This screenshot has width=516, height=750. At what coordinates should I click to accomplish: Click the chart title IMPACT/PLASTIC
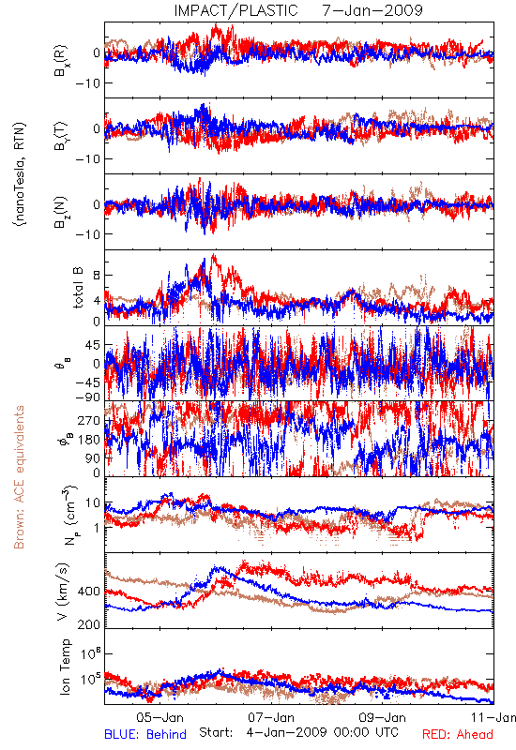(x=236, y=10)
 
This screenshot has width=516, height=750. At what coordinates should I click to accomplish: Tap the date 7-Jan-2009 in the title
(x=372, y=10)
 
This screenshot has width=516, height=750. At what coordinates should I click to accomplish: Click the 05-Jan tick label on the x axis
(x=159, y=717)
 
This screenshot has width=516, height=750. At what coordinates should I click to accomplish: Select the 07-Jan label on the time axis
(x=271, y=717)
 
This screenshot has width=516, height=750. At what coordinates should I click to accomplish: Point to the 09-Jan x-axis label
(x=383, y=717)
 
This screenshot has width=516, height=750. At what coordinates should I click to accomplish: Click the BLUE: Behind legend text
(x=145, y=734)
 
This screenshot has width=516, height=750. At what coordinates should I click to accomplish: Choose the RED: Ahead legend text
(x=457, y=734)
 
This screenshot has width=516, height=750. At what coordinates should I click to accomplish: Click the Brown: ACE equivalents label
(x=19, y=477)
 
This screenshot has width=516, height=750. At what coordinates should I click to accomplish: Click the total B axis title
(x=78, y=288)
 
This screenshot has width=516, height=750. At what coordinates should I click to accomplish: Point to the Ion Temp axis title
(x=65, y=667)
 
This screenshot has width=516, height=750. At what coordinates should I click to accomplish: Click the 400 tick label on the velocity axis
(x=88, y=592)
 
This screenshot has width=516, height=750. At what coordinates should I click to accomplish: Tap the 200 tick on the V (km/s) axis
(x=88, y=624)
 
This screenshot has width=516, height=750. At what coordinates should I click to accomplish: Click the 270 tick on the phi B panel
(x=88, y=420)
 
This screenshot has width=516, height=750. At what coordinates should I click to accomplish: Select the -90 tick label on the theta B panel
(x=87, y=397)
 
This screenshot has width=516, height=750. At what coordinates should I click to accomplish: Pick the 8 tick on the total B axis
(x=97, y=276)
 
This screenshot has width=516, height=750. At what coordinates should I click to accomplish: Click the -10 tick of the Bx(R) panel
(x=87, y=83)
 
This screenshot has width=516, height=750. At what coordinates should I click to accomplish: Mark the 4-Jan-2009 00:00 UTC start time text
(x=323, y=732)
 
